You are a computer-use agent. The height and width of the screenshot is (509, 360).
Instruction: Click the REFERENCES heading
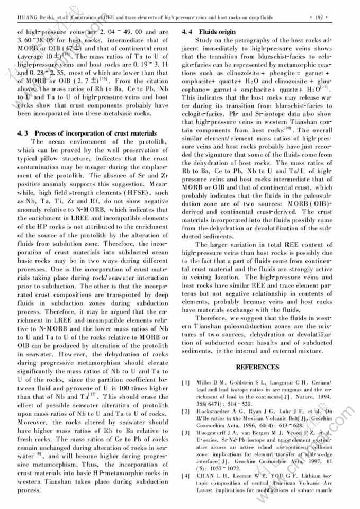coord(257,367)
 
